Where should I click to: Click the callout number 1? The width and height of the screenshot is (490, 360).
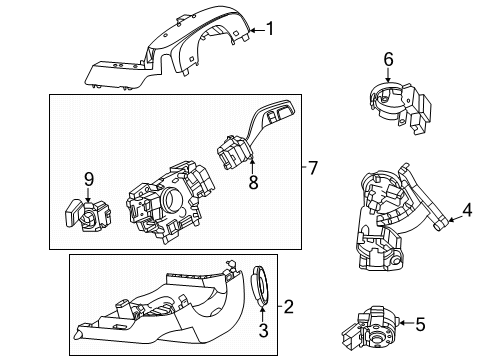(x=268, y=30)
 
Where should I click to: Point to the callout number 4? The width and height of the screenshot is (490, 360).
(x=466, y=211)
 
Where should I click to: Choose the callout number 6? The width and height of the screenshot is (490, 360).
(x=389, y=59)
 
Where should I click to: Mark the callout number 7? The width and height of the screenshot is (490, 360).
(x=312, y=167)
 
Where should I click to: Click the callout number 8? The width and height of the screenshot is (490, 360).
(x=252, y=183)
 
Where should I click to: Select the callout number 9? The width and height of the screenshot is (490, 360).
(x=89, y=179)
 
